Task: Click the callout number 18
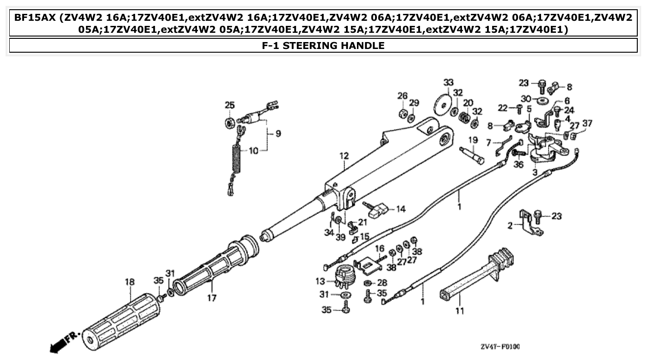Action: pyautogui.click(x=129, y=281)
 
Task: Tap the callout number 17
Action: pyautogui.click(x=211, y=298)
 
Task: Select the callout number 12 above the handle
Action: pyautogui.click(x=344, y=156)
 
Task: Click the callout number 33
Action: pyautogui.click(x=448, y=83)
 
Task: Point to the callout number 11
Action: pyautogui.click(x=459, y=311)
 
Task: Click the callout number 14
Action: pyautogui.click(x=400, y=209)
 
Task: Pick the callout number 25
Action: pyautogui.click(x=229, y=105)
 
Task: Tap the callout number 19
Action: pyautogui.click(x=473, y=140)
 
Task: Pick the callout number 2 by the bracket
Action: pyautogui.click(x=510, y=226)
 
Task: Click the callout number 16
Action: pyautogui.click(x=379, y=249)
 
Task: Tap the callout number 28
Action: pyautogui.click(x=382, y=282)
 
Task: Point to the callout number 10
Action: pyautogui.click(x=254, y=150)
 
